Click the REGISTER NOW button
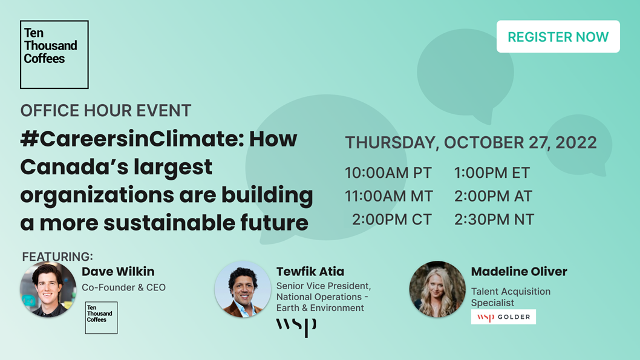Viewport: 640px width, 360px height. tap(558, 36)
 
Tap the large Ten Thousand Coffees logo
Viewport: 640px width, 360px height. tap(54, 54)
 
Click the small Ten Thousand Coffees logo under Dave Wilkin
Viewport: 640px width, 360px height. tap(101, 318)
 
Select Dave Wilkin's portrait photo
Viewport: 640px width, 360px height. tap(48, 289)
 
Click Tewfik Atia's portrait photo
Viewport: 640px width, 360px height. tap(243, 289)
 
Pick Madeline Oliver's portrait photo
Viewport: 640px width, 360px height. tap(437, 289)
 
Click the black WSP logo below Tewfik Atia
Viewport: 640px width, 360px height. tap(296, 327)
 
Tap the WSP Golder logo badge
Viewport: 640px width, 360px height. tap(503, 316)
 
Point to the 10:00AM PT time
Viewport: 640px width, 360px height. tap(388, 173)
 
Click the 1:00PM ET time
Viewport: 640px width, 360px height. tap(492, 173)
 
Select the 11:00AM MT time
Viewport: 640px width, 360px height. tap(389, 196)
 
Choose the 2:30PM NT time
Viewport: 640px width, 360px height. tap(494, 220)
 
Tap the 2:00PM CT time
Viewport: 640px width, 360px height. tap(392, 220)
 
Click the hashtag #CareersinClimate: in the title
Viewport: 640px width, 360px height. tap(132, 139)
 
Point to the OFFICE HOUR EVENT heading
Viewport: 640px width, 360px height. tap(106, 111)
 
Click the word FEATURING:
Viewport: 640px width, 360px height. tap(57, 257)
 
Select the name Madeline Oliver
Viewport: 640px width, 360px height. tap(519, 272)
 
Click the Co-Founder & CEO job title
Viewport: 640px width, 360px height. tap(123, 287)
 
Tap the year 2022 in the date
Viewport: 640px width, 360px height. tap(576, 142)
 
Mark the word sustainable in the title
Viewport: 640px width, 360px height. tap(169, 223)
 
